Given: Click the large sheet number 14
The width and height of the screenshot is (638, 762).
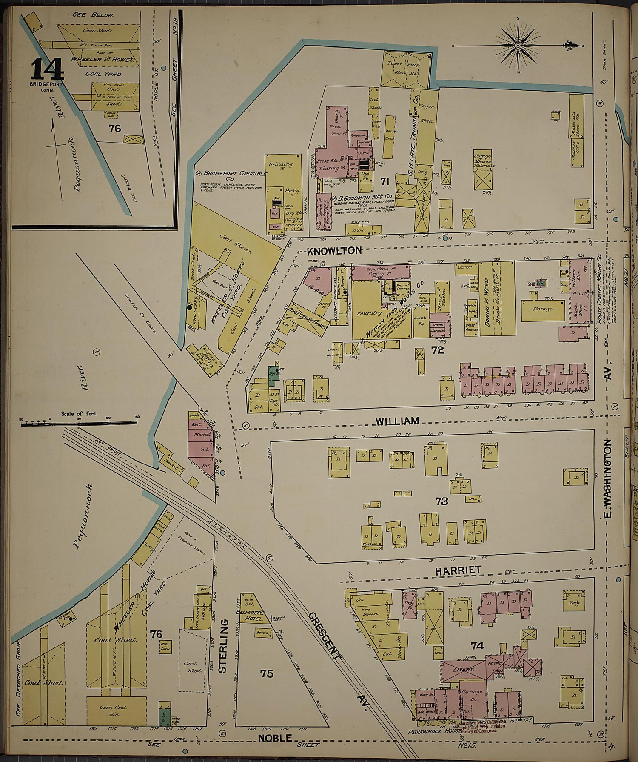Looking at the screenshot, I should pos(47,69).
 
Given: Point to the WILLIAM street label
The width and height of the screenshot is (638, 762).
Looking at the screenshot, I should pos(397,421).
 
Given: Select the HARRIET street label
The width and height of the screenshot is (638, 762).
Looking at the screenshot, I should pos(458,570).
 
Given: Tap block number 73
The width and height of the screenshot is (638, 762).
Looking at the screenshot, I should pos(441,501).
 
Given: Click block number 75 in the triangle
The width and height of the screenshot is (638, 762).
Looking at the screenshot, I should pos(267,674).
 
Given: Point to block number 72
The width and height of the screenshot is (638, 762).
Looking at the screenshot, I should pos(437,350).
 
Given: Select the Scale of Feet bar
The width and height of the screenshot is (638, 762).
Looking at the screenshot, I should pos(79,423).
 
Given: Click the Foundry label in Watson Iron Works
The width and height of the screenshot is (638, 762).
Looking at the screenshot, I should pos(369,313).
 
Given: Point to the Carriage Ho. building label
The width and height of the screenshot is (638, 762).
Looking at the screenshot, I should pos(472,695).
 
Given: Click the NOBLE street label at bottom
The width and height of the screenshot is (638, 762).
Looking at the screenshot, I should pos(275,738).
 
